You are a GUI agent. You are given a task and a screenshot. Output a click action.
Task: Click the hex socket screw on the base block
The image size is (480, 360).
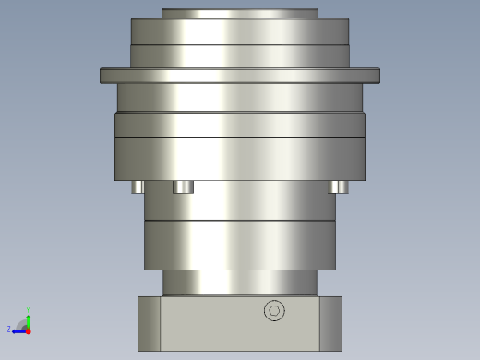(274, 311)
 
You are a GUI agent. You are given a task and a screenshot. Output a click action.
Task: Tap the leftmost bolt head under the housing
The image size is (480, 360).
(138, 186)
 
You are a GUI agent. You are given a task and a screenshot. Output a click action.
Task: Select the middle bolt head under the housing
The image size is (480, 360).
(183, 186)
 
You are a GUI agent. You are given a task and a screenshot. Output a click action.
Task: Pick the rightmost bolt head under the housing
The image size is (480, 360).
(339, 186)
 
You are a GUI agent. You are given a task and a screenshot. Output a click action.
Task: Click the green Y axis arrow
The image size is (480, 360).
(29, 317)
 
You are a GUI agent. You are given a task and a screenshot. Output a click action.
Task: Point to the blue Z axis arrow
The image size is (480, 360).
(17, 330)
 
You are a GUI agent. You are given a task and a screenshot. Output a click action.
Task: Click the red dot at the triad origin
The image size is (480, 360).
(28, 330)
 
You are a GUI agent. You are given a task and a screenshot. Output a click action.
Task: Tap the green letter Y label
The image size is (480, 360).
(29, 309)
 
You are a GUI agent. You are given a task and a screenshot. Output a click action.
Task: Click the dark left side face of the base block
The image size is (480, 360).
(149, 323)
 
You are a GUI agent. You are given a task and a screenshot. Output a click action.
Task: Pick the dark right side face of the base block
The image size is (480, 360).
(330, 323)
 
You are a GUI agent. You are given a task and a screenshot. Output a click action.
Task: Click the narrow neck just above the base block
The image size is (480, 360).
(240, 282)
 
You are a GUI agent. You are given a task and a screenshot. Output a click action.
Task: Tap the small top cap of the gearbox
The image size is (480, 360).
(240, 13)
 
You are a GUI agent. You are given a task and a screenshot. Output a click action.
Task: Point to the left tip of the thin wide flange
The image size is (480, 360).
(103, 76)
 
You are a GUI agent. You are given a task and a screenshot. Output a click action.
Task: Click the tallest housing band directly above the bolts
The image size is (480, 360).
(240, 158)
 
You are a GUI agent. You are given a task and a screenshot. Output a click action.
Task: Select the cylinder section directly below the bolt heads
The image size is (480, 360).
(240, 200)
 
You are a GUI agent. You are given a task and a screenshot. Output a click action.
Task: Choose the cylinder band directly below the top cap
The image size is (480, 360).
(240, 31)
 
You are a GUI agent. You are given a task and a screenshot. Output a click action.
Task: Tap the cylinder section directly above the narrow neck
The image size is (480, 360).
(240, 245)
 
